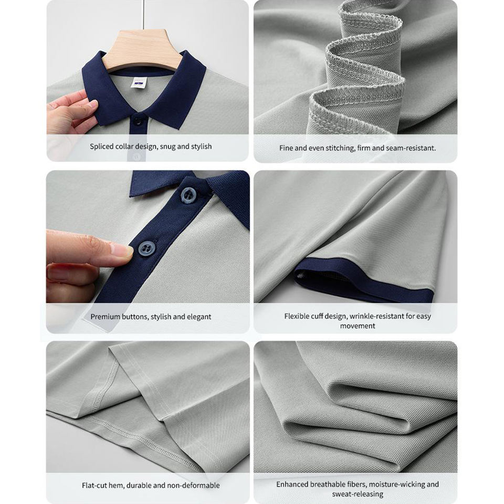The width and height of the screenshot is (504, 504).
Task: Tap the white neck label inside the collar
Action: pos(139,82)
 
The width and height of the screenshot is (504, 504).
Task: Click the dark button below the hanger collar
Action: pos(138,121)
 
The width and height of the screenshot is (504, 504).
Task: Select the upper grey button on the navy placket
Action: pos(188,195)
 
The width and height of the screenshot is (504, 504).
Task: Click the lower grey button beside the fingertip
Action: pos(147,248)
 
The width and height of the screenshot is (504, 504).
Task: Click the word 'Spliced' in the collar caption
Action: pos(101,146)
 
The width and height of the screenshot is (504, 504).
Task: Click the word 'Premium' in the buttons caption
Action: pos(106,317)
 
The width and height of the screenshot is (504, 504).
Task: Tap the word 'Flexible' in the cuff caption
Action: pos(296,316)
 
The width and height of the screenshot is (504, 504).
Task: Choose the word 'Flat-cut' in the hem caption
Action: pos(93,485)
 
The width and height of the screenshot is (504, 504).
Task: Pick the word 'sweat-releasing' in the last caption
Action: pos(358,493)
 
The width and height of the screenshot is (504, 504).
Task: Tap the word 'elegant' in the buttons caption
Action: pos(199,317)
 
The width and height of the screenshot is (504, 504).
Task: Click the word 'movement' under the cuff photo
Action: pos(358,326)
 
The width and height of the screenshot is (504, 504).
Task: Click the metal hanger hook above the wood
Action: pos(142,15)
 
